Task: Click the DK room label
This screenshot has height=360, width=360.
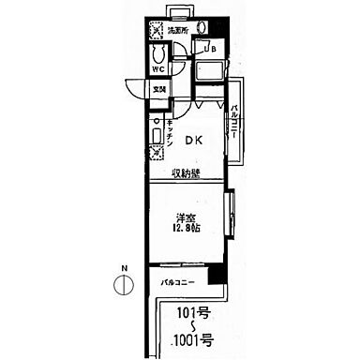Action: (192, 142)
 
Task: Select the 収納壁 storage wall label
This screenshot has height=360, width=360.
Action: (185, 173)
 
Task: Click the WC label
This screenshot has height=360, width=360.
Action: (159, 68)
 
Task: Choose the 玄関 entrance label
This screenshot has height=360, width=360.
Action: (159, 89)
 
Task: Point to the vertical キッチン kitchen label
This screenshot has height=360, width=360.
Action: (168, 132)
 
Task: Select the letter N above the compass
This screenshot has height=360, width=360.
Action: (121, 268)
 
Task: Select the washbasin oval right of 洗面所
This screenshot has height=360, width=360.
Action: (204, 27)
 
